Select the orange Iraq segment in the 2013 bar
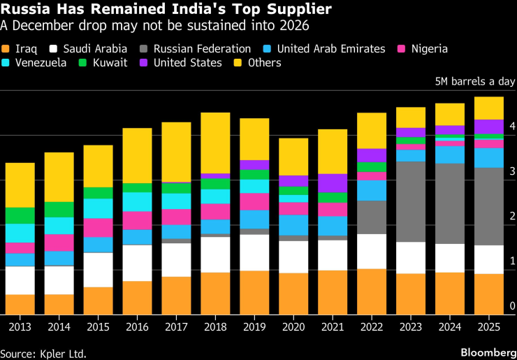(x=20, y=304)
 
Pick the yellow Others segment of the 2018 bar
(x=215, y=143)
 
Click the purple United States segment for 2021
(x=333, y=183)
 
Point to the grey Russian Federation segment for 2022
(x=372, y=217)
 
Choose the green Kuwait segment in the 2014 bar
(x=59, y=210)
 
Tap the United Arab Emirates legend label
(x=330, y=49)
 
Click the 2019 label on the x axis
(x=254, y=326)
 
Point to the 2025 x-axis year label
(x=489, y=326)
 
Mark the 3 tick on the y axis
(x=512, y=171)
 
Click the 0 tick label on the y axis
(x=512, y=305)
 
